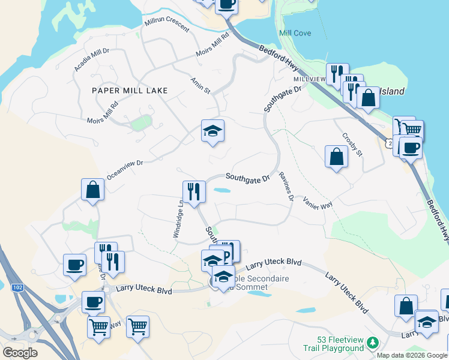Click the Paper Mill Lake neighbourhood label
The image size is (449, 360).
pyautogui.click(x=129, y=91)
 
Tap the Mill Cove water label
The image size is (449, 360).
pyautogui.click(x=295, y=33)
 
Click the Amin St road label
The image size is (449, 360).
pyautogui.click(x=200, y=85)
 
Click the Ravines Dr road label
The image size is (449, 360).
pyautogui.click(x=286, y=186)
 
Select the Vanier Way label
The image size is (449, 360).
pyautogui.click(x=318, y=202)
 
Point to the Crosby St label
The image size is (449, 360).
pyautogui.click(x=352, y=145)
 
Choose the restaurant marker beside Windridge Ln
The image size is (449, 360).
pyautogui.click(x=194, y=191)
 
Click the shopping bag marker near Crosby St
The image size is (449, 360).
pyautogui.click(x=336, y=157)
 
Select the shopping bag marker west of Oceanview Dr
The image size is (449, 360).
pyautogui.click(x=93, y=189)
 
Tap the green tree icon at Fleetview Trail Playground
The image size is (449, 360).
pyautogui.click(x=373, y=343)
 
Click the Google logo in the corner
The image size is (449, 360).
pyautogui.click(x=20, y=353)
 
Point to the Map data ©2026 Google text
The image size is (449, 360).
pyautogui.click(x=412, y=355)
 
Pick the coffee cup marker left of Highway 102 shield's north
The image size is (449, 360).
pyautogui.click(x=75, y=265)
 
